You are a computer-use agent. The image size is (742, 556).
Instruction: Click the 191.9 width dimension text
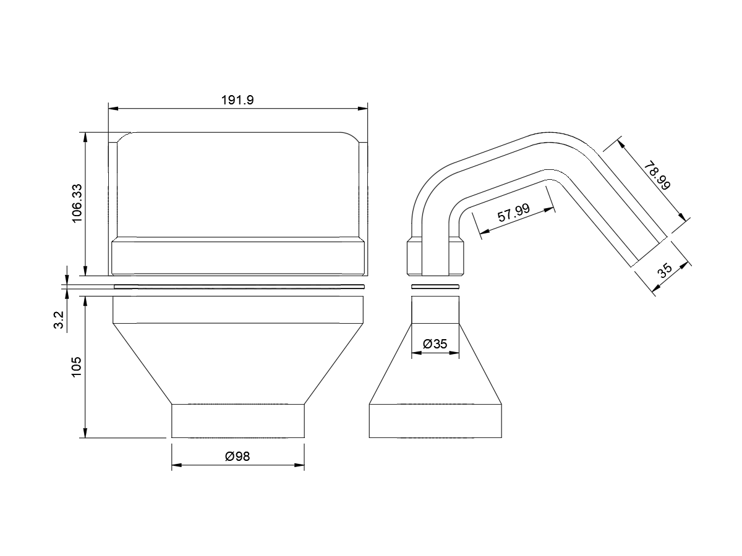tap(237, 100)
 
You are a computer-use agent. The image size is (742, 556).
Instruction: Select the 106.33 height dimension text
tap(77, 203)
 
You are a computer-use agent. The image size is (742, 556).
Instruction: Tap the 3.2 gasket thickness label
tap(59, 320)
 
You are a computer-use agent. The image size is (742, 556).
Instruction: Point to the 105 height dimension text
tap(77, 367)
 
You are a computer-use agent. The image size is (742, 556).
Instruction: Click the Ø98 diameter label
tap(237, 457)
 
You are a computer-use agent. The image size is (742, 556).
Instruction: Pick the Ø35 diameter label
tap(435, 344)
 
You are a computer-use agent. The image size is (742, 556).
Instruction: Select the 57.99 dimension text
tap(513, 213)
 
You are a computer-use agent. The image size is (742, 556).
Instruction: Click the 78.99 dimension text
tap(657, 176)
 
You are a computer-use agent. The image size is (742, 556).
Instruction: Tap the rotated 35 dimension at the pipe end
tap(665, 271)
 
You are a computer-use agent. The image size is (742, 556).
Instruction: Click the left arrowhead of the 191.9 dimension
tap(113, 108)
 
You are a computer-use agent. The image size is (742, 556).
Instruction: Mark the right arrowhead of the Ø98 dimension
tap(299, 465)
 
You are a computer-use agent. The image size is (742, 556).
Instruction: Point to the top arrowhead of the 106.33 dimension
tap(85, 137)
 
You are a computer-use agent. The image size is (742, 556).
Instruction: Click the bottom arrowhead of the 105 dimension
tap(85, 433)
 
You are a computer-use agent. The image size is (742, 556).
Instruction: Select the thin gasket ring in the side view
tap(435, 287)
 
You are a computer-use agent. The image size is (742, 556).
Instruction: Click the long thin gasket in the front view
tap(239, 287)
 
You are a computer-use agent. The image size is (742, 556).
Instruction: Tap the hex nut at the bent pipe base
tap(435, 256)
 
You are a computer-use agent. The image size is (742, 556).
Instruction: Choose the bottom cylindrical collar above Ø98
tap(238, 421)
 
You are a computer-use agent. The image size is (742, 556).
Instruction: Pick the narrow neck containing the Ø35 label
tap(435, 310)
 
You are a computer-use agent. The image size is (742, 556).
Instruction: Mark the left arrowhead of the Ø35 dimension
tap(417, 353)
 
